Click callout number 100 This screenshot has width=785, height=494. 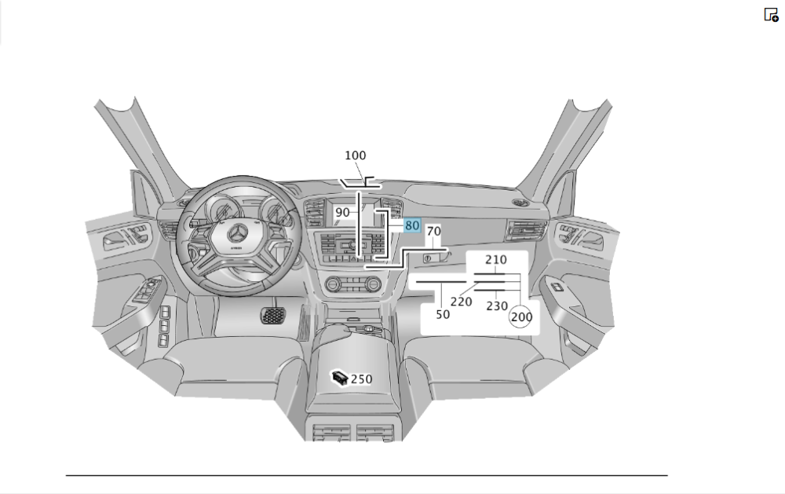355,156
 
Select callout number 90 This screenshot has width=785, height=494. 342,212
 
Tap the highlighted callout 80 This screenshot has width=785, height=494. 412,225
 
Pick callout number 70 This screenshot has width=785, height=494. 433,232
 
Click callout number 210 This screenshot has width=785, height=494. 495,260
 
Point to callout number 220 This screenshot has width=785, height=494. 461,301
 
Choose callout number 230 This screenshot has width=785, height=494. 497,306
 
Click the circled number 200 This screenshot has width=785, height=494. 521,317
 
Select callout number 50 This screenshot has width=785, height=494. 443,313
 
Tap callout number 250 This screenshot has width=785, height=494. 361,379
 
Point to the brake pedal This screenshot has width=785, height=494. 272,315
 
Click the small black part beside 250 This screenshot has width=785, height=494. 339,378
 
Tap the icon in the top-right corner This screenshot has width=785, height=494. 771,14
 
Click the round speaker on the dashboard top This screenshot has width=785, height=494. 517,203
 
